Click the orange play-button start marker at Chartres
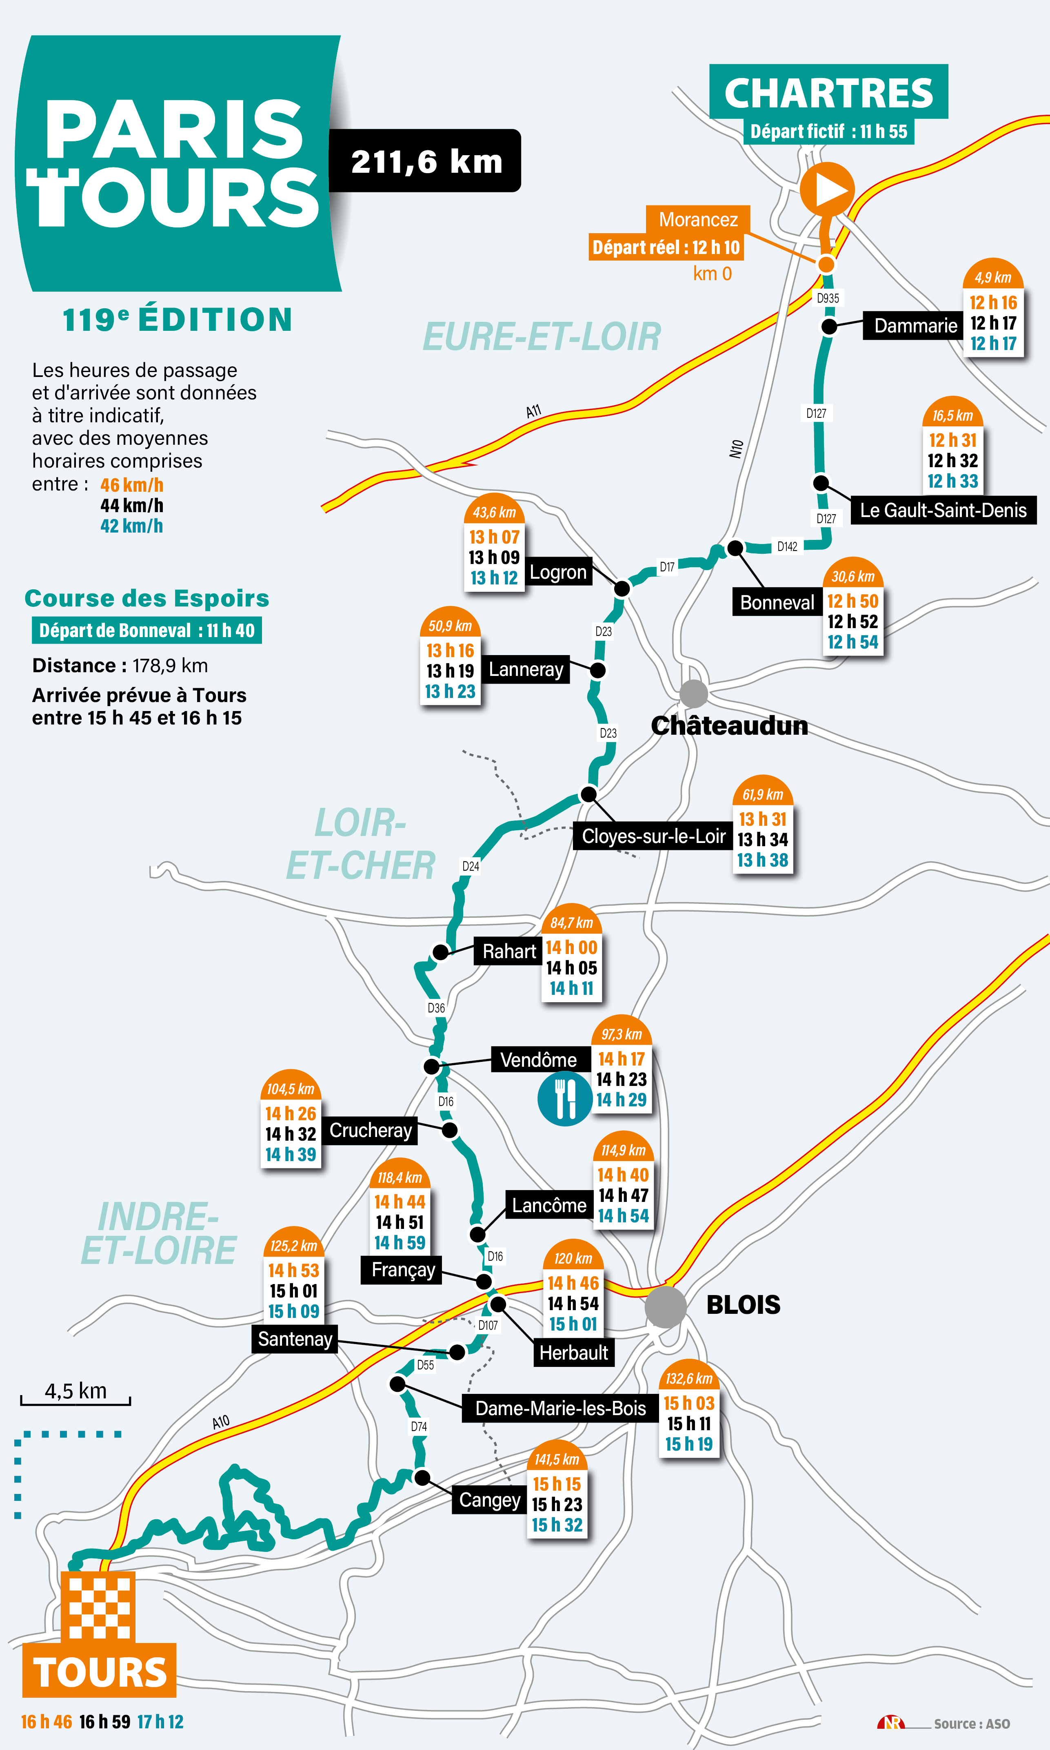pos(827,189)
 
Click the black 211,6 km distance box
pos(425,161)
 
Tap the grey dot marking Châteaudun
pos(693,694)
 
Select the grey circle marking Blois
pos(665,1307)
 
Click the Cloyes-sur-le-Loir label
pos(653,836)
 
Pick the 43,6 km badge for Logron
pos(494,512)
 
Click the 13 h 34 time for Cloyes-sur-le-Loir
pos(762,840)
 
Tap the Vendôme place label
pos(538,1060)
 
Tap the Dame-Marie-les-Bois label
pos(560,1408)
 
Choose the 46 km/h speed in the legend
pos(131,485)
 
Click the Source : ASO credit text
pos(972,1724)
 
